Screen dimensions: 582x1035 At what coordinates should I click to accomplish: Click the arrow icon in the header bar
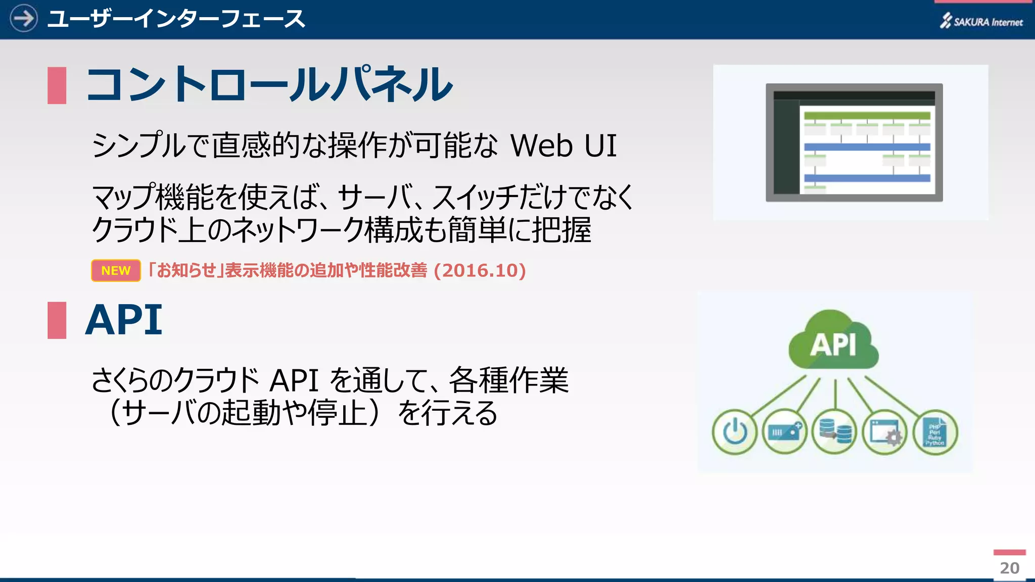[23, 19]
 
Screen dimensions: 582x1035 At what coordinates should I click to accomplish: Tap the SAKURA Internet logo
[981, 21]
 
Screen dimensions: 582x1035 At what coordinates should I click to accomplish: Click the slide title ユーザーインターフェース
[176, 19]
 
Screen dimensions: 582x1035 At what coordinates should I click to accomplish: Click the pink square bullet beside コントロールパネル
[57, 85]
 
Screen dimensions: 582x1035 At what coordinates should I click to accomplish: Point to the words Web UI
[563, 146]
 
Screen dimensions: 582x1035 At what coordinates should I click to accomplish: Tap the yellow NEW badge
[116, 270]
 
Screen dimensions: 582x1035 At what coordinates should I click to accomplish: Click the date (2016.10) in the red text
[480, 271]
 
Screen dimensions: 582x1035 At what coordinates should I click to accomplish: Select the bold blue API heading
[124, 320]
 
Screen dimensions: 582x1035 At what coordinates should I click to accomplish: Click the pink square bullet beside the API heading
[57, 320]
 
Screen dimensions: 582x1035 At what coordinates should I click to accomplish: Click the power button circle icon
[734, 432]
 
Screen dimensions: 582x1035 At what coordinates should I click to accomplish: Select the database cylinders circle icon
[834, 432]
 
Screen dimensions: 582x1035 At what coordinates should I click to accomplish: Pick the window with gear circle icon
[884, 432]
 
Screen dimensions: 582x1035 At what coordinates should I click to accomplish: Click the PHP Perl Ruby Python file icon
[935, 432]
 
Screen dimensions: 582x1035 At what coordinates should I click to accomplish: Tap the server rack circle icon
[784, 432]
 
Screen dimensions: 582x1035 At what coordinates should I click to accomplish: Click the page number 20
[1010, 568]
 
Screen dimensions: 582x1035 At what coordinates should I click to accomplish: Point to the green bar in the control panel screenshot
[867, 116]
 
